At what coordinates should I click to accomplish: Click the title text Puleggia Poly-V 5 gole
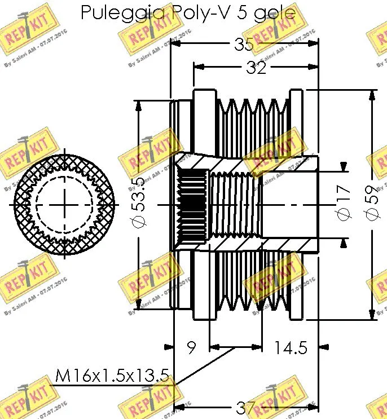[x=188, y=12]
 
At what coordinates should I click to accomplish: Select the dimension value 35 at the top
[x=244, y=45]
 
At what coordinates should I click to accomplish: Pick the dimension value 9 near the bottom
[x=191, y=348]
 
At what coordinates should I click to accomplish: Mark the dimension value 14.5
[x=291, y=348]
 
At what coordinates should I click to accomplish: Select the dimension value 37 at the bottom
[x=244, y=408]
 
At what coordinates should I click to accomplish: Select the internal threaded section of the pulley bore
[x=234, y=205]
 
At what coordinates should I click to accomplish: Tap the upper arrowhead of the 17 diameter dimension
[x=344, y=166]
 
